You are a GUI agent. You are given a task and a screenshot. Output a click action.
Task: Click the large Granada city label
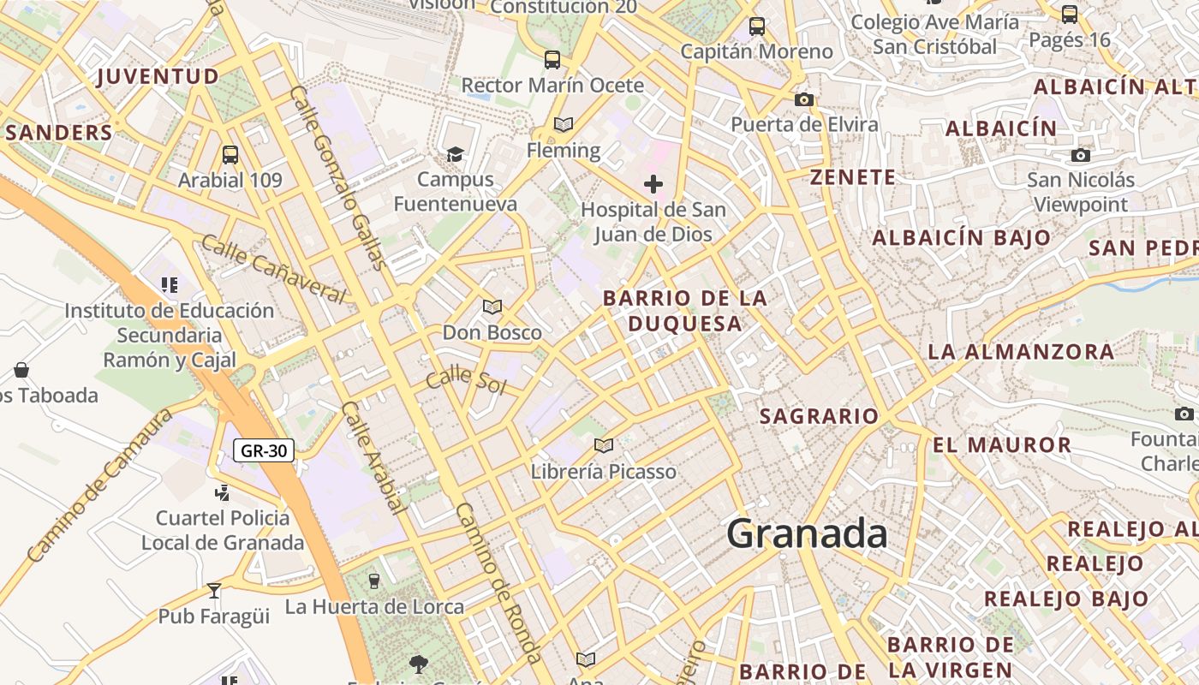[807, 533]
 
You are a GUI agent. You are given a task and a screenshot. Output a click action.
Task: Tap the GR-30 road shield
[264, 450]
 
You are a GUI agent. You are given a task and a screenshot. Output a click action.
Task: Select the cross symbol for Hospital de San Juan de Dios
[653, 183]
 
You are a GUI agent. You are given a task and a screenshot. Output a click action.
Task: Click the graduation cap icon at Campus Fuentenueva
[455, 154]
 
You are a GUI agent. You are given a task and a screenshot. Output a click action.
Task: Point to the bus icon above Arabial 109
[230, 155]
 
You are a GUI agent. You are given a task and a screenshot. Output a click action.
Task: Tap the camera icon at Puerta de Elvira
[803, 99]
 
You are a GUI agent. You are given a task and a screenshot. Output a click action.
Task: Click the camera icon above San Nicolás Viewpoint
[1081, 155]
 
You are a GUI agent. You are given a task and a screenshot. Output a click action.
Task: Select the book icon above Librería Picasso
[604, 445]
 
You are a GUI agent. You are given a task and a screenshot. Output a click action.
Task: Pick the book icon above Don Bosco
[492, 307]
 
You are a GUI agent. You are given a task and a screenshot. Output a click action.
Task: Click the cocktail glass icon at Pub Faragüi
[214, 590]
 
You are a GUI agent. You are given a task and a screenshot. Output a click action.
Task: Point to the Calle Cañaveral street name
[273, 269]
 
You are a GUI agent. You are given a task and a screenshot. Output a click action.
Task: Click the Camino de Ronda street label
[498, 582]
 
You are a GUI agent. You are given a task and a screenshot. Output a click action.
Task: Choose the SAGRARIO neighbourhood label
[820, 417]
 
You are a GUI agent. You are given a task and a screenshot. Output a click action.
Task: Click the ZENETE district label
[853, 178]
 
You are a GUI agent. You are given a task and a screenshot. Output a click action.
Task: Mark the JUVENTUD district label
[158, 77]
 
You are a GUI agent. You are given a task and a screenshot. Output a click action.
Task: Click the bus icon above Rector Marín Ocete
[552, 60]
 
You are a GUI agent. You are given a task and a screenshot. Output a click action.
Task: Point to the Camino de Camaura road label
[99, 485]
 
